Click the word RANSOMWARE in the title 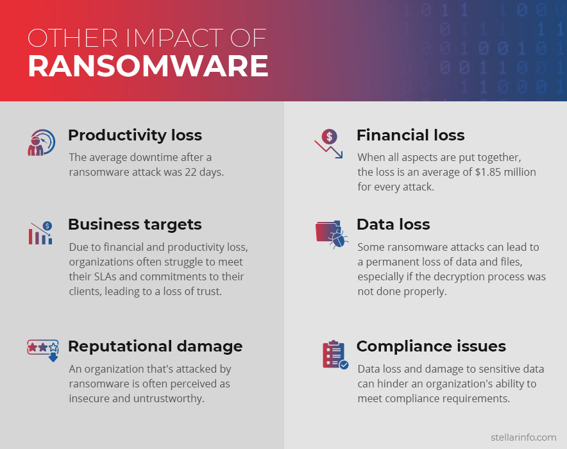148,66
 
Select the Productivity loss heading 135,135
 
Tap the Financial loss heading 410,135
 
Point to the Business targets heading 135,225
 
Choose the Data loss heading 393,224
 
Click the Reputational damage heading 155,346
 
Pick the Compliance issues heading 432,346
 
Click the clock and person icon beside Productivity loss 42,142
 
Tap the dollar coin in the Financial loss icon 330,137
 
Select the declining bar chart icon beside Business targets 40,233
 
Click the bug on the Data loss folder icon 339,239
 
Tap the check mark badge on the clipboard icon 344,365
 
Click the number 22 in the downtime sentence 190,172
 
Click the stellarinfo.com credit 523,437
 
